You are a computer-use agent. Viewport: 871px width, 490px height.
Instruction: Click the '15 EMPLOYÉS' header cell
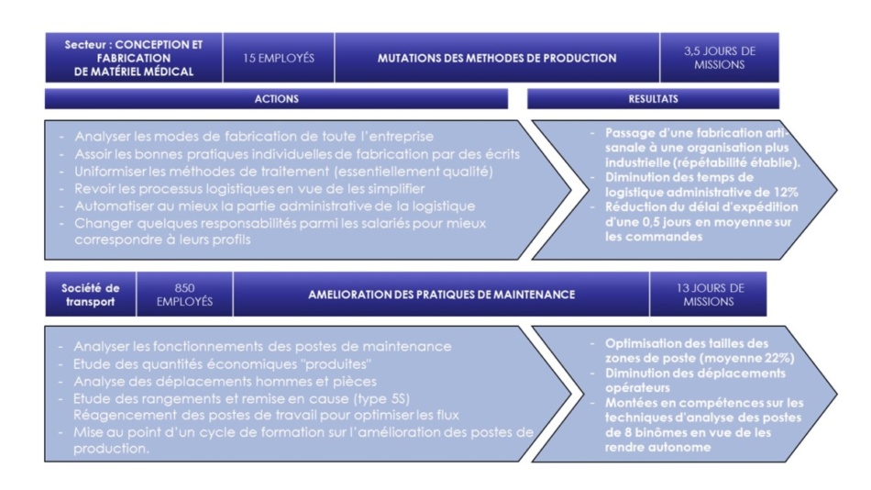[279, 58]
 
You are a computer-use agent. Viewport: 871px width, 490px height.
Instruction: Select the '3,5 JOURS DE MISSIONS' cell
[720, 58]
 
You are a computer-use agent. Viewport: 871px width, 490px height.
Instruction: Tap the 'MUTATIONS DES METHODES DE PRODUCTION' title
[497, 58]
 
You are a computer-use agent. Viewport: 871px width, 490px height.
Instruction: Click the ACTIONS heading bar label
[276, 99]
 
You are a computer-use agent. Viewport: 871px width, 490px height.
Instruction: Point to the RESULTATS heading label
[653, 99]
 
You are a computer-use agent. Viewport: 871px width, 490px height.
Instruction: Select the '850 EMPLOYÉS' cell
[184, 295]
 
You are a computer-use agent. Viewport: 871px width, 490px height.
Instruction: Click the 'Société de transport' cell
[90, 295]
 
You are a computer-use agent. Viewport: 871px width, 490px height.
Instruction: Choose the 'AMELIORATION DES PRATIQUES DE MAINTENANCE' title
[442, 295]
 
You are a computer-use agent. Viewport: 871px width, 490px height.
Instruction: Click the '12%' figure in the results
[786, 193]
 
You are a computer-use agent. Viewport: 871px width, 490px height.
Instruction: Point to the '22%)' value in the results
[780, 358]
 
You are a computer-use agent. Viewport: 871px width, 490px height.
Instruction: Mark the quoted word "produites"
[339, 364]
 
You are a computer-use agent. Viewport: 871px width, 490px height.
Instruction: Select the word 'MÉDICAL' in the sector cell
[168, 72]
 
